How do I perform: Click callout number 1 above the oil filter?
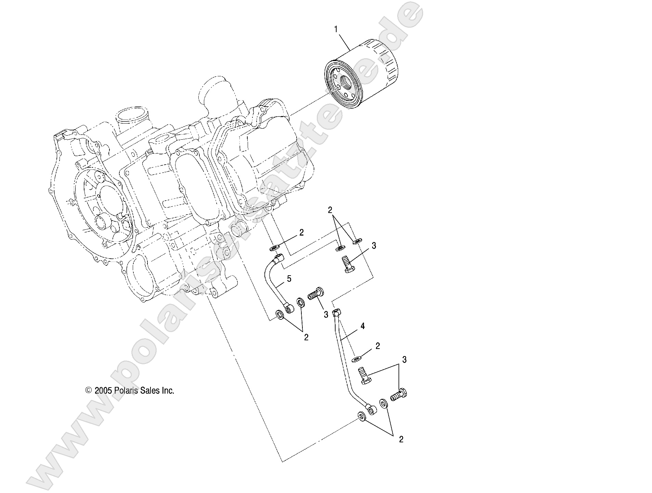336,30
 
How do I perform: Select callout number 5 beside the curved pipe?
289,279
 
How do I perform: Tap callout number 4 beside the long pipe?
362,326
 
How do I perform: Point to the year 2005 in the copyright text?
103,391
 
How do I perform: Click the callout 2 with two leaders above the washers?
330,210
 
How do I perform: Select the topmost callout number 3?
374,245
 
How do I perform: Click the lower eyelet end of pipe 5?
289,309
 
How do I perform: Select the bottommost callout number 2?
401,440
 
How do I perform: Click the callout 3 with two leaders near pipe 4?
404,360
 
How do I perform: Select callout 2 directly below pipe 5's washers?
306,338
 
